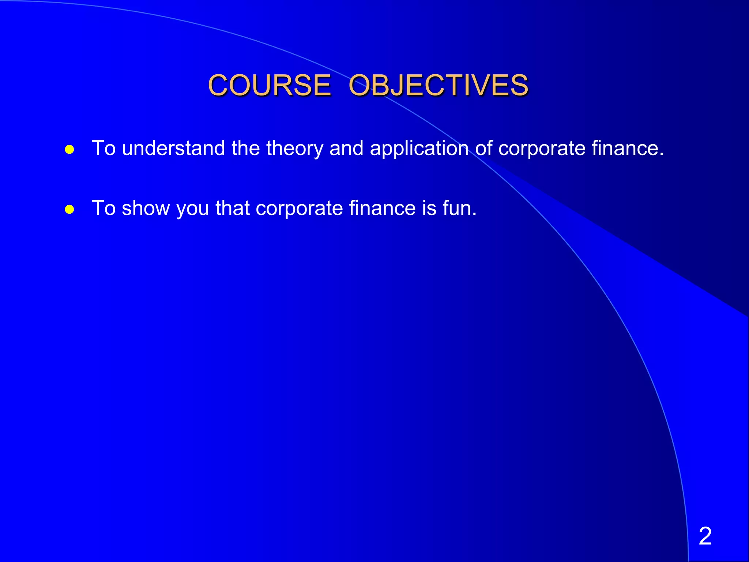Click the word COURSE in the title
(269, 85)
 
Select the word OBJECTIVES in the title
(438, 85)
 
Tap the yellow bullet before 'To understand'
(69, 149)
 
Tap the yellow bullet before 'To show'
(69, 209)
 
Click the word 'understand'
(173, 148)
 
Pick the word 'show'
(146, 208)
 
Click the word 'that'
(232, 208)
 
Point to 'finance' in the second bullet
(382, 208)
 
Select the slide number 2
(705, 536)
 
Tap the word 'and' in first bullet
(346, 148)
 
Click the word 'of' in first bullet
(483, 148)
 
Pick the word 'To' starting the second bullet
(104, 208)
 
